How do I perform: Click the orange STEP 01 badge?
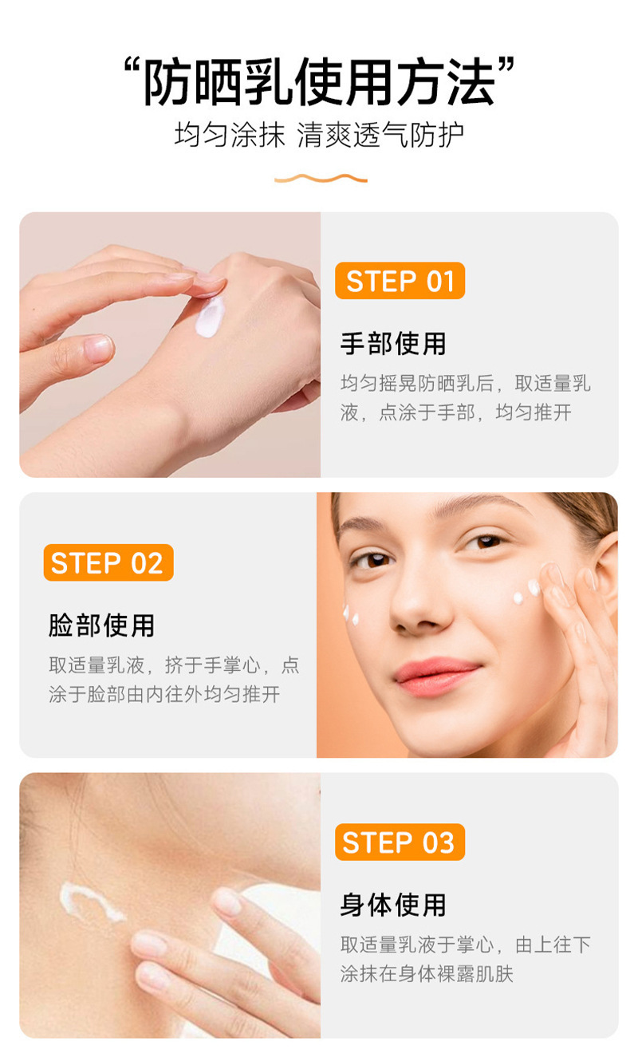(x=400, y=281)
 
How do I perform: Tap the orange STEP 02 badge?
(x=108, y=562)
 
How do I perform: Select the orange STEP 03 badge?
(x=400, y=842)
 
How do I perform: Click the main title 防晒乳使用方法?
(x=319, y=81)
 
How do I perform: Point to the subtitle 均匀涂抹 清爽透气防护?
(x=319, y=135)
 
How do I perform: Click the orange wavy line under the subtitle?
(x=321, y=178)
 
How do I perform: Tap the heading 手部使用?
(x=393, y=343)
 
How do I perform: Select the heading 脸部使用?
(x=102, y=625)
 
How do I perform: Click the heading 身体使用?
(x=393, y=905)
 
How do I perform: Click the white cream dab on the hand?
(x=211, y=317)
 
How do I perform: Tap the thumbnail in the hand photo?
(x=99, y=348)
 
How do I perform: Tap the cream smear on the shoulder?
(x=90, y=901)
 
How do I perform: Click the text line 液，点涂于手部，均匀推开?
(x=455, y=412)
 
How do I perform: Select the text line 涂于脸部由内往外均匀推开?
(x=164, y=694)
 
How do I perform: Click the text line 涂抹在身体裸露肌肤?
(x=427, y=974)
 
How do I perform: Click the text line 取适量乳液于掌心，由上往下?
(x=466, y=945)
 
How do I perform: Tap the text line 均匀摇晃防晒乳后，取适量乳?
(x=466, y=384)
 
